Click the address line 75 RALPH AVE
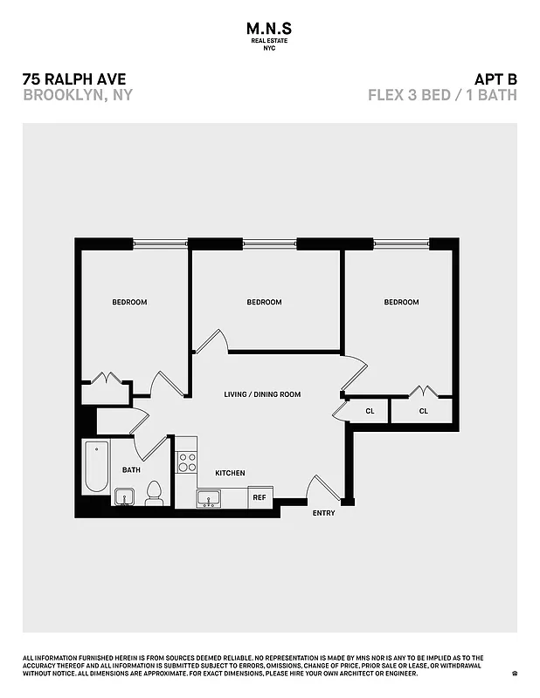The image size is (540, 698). pyautogui.click(x=73, y=79)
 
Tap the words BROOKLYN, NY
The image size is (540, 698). pyautogui.click(x=77, y=95)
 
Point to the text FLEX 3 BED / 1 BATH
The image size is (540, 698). pyautogui.click(x=442, y=95)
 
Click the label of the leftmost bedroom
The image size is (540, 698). pyautogui.click(x=129, y=303)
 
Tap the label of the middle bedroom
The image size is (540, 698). pyautogui.click(x=264, y=303)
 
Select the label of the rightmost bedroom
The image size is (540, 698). pyautogui.click(x=401, y=303)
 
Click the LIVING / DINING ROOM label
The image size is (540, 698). pyautogui.click(x=262, y=394)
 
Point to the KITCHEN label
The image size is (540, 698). pyautogui.click(x=230, y=473)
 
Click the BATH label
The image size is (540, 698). pyautogui.click(x=131, y=469)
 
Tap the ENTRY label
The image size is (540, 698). pyautogui.click(x=323, y=513)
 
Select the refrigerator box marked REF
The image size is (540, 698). pyautogui.click(x=260, y=497)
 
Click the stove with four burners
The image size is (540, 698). pyautogui.click(x=187, y=462)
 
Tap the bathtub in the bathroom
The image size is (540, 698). pyautogui.click(x=95, y=469)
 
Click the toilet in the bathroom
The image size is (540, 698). pyautogui.click(x=155, y=494)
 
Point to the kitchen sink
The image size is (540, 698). pyautogui.click(x=209, y=499)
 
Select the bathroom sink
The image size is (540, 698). pyautogui.click(x=124, y=498)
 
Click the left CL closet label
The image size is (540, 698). pyautogui.click(x=370, y=411)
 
